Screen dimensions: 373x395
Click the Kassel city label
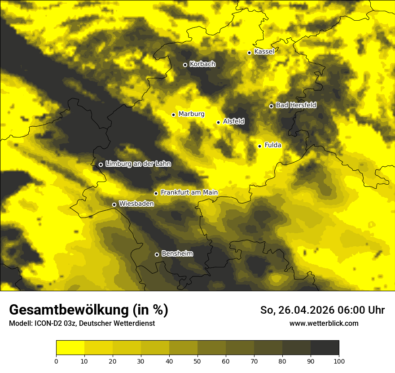point(264,52)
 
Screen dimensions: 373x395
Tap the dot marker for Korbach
point(185,65)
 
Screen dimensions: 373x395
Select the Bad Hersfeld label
point(296,105)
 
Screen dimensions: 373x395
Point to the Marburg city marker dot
point(173,115)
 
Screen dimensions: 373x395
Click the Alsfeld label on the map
point(233,121)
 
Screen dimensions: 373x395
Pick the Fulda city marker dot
point(259,146)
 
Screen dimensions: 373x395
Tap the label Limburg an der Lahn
point(138,164)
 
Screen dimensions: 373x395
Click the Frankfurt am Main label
point(189,192)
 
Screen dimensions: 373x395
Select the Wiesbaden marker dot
point(114,204)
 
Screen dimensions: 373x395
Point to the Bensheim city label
point(177,253)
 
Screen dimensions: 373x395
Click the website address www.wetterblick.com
point(324,323)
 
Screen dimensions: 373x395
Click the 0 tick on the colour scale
point(56,360)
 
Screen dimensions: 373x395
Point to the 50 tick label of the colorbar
point(197,360)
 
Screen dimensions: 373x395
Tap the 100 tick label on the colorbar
point(339,360)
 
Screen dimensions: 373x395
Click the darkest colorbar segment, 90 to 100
point(325,348)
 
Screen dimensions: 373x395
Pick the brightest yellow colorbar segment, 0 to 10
point(70,348)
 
